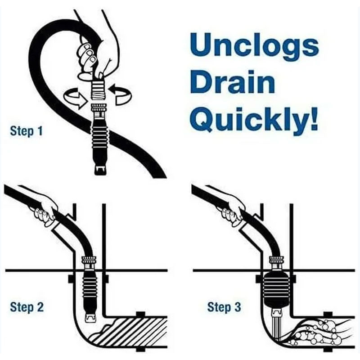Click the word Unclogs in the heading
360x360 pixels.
pos(254,46)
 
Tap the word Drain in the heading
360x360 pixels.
pos(232,84)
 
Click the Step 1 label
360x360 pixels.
pos(27,131)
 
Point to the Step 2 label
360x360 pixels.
pos(27,308)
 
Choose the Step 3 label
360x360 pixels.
pos(224,308)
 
